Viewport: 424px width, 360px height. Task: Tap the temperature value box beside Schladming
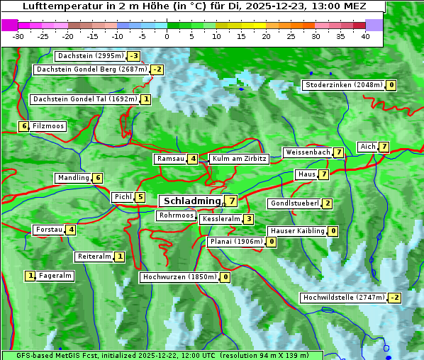tap(231, 201)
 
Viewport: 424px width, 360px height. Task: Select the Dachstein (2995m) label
tap(90, 56)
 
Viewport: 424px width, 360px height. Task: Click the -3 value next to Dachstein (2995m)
tap(133, 56)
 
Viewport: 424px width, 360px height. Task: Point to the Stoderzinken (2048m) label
tap(343, 85)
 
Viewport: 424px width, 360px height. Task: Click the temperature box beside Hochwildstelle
tap(394, 298)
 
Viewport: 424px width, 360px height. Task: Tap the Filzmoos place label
tap(48, 126)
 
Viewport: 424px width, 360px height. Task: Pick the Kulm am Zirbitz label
tap(239, 159)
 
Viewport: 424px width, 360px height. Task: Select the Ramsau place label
tap(170, 159)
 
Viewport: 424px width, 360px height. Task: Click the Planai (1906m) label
tap(236, 242)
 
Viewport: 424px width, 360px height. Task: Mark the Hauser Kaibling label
tap(296, 231)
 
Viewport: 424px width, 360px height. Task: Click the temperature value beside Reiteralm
tap(120, 257)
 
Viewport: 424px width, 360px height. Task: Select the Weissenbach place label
tap(307, 152)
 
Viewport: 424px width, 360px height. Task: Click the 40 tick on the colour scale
tap(365, 36)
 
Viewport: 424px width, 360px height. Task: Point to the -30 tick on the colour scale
tap(18, 36)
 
